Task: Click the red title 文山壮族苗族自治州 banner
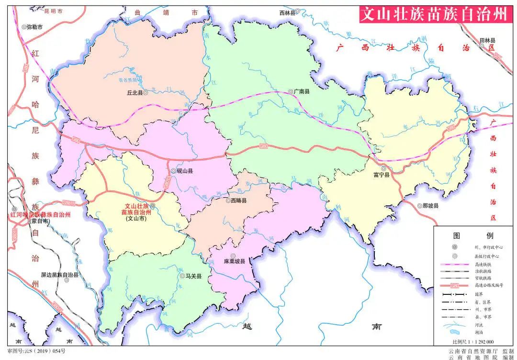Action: pos(433,14)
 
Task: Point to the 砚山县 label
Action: pos(185,170)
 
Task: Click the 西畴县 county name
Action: pos(238,201)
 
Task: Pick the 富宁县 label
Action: pos(382,175)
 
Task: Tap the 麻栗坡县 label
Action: pos(234,261)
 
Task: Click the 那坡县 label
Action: pos(431,206)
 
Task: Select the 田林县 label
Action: pos(487,41)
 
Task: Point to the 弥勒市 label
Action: pos(34,27)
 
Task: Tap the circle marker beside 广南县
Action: pos(291,91)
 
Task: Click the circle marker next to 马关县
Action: pos(182,276)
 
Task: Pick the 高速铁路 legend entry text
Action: pos(483,264)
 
